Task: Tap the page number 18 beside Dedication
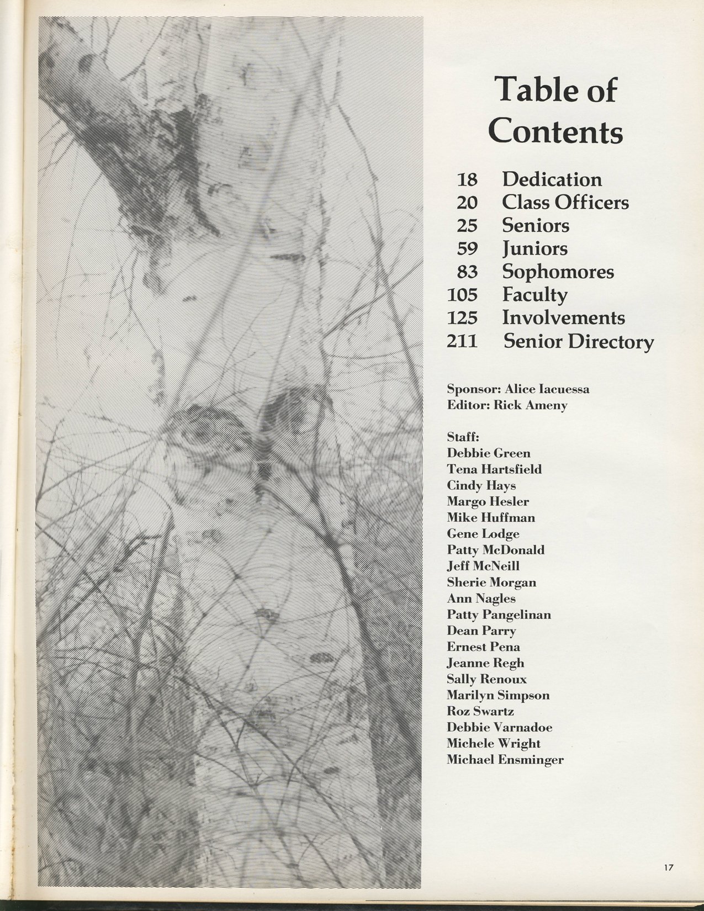pyautogui.click(x=467, y=179)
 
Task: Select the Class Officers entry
pyautogui.click(x=565, y=202)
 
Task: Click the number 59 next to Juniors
pyautogui.click(x=467, y=249)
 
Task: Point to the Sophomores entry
pyautogui.click(x=558, y=272)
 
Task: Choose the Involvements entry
pyautogui.click(x=563, y=318)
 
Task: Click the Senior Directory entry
pyautogui.click(x=578, y=342)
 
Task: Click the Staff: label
pyautogui.click(x=463, y=437)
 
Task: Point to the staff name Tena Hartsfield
pyautogui.click(x=494, y=469)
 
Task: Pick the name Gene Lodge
pyautogui.click(x=483, y=534)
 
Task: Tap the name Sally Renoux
pyautogui.click(x=487, y=679)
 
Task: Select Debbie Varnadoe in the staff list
pyautogui.click(x=500, y=727)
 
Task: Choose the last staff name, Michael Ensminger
pyautogui.click(x=505, y=760)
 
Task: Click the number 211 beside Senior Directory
pyautogui.click(x=462, y=342)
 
